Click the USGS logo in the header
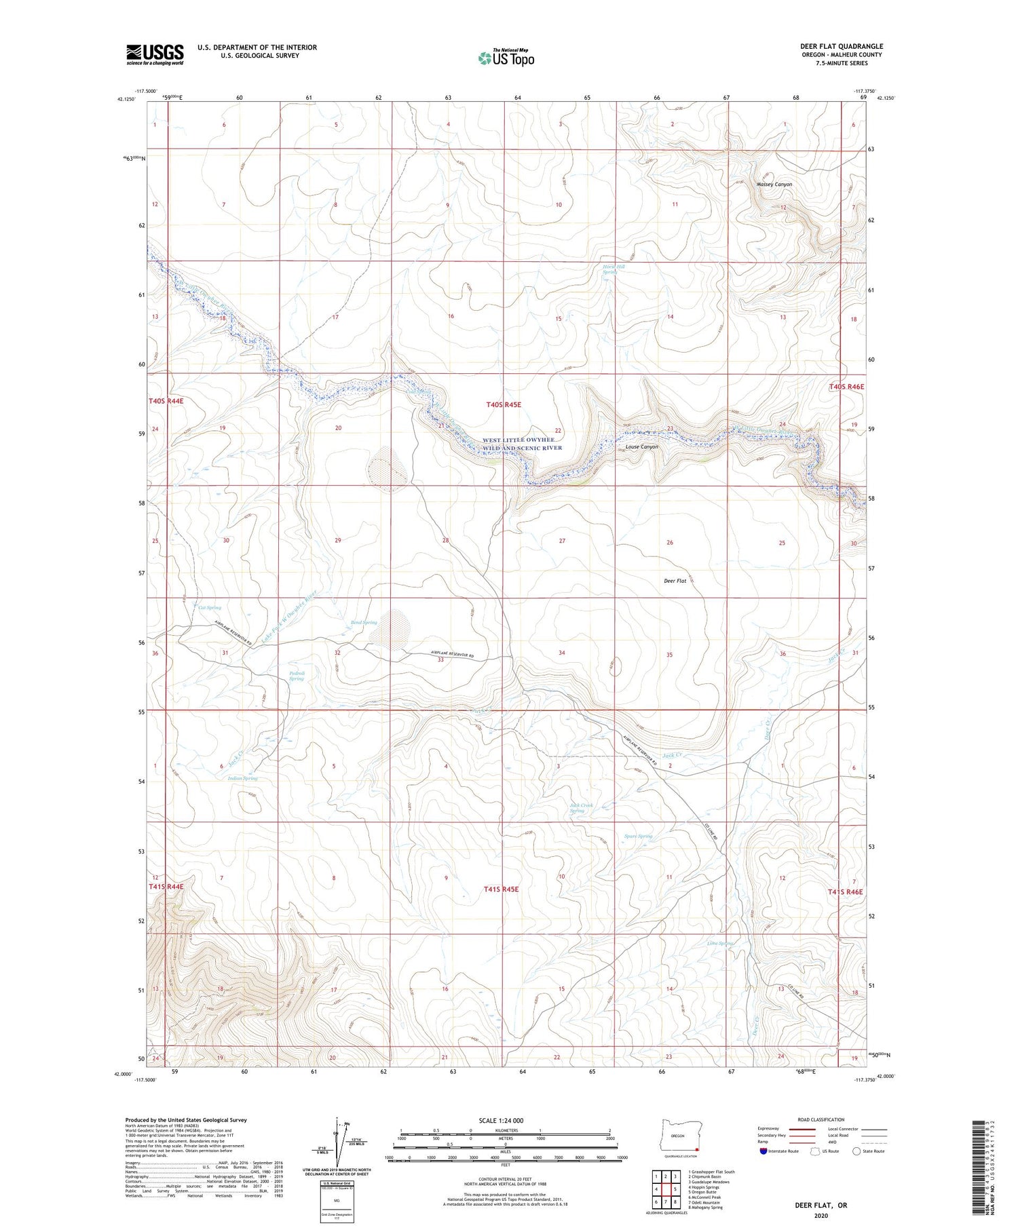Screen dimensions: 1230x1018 [155, 54]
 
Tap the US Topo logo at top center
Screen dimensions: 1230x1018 [506, 58]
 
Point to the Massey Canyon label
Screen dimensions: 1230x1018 [774, 185]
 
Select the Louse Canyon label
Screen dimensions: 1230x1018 [641, 447]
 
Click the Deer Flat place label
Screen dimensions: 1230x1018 [675, 581]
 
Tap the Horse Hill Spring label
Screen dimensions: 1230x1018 [614, 269]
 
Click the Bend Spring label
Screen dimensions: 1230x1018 [364, 622]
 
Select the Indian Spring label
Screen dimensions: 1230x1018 [242, 779]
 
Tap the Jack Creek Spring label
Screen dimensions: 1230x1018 [581, 808]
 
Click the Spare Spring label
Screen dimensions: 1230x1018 [638, 836]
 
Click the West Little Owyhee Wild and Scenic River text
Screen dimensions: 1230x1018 [523, 444]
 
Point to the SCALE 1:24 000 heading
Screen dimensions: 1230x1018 [506, 1120]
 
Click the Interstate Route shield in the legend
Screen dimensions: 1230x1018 [763, 1151]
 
